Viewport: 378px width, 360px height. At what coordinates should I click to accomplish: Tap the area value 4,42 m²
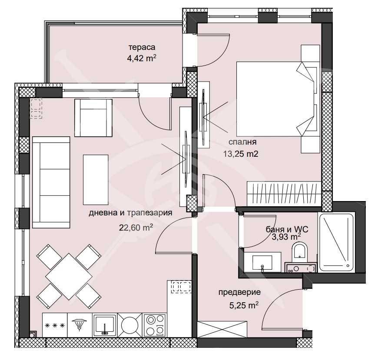139,58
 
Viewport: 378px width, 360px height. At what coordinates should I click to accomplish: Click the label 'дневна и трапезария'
131,213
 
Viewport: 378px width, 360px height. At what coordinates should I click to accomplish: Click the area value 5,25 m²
243,305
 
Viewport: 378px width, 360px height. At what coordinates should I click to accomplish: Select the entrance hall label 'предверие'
239,293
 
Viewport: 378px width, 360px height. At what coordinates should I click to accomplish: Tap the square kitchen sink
104,324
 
